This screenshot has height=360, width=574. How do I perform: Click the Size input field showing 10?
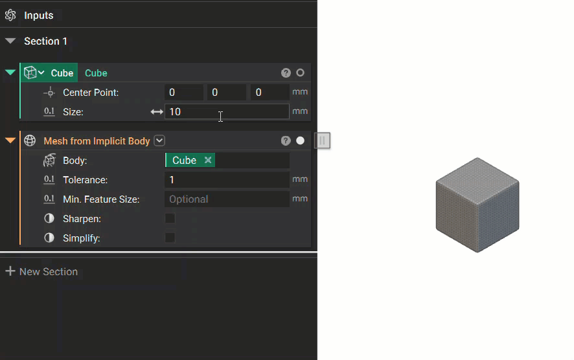click(x=227, y=111)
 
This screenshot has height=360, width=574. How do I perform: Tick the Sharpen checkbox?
click(x=170, y=218)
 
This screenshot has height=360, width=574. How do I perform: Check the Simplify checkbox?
click(x=170, y=238)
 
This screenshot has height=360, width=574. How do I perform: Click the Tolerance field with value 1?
click(x=227, y=179)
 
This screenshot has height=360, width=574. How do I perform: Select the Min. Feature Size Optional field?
click(x=227, y=199)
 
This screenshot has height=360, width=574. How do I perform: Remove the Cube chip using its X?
click(x=208, y=160)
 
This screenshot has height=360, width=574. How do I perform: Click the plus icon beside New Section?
click(x=10, y=271)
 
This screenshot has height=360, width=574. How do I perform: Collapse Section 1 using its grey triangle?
click(x=10, y=41)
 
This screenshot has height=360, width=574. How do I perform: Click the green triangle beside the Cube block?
click(x=10, y=73)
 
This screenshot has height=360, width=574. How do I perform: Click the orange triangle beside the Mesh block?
click(x=10, y=140)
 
